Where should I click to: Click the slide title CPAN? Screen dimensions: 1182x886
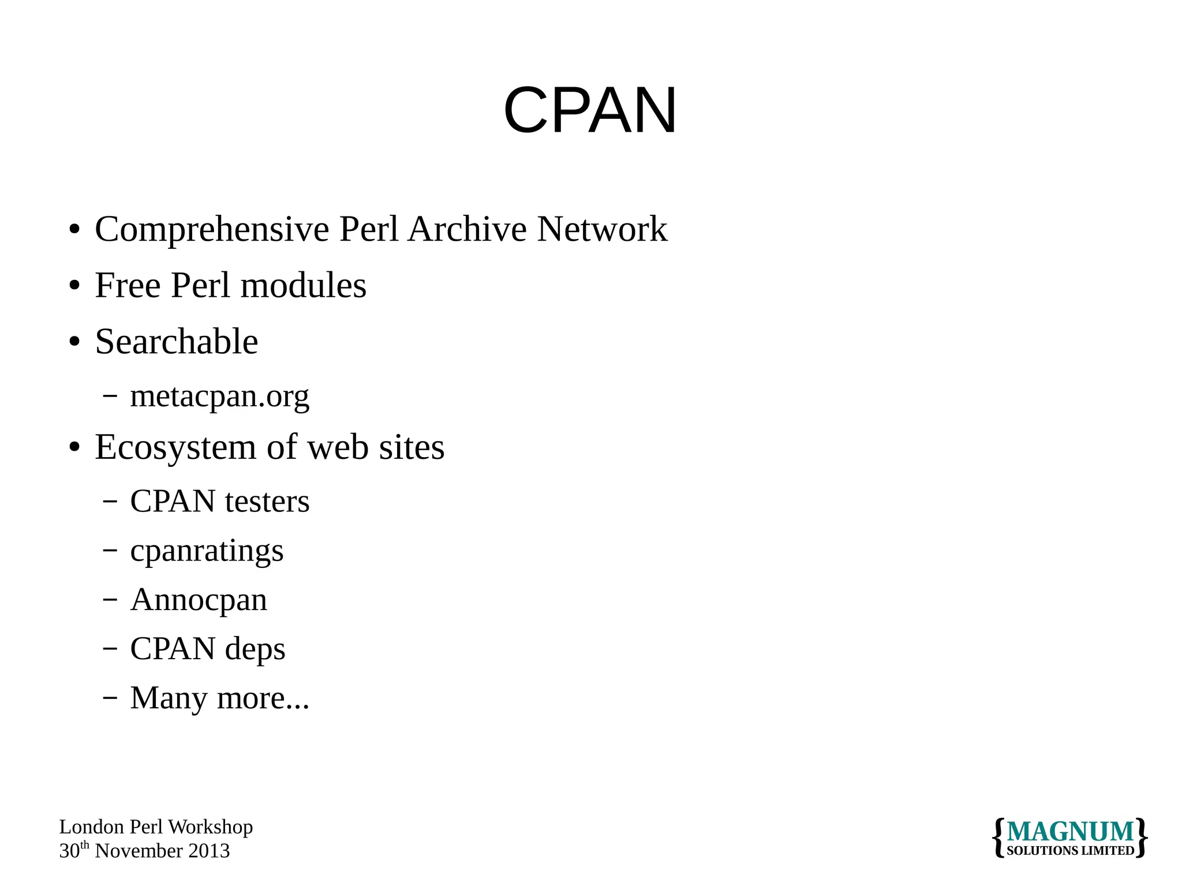[x=590, y=110]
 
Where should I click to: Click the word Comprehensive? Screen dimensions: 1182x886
[x=212, y=230]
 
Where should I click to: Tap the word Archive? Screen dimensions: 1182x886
[x=467, y=229]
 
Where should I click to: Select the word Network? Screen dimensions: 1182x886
[x=602, y=229]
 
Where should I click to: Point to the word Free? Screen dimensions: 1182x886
[x=128, y=285]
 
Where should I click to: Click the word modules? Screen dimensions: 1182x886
[x=303, y=285]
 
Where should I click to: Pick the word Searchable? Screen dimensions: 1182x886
[x=177, y=341]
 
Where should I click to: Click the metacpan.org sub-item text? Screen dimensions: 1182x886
[x=219, y=397]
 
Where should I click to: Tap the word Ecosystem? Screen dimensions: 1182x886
[x=175, y=447]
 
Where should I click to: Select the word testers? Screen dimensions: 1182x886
[x=267, y=501]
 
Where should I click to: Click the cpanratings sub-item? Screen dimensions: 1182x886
[x=207, y=551]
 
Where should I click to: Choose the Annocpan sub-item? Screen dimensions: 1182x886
[x=199, y=600]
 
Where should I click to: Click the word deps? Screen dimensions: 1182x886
[x=255, y=649]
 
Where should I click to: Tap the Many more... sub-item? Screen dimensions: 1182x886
[x=219, y=698]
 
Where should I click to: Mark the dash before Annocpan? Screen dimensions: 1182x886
[x=110, y=600]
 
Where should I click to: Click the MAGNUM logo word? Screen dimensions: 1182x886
[x=1070, y=832]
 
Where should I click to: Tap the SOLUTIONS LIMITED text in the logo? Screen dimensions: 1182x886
[x=1070, y=851]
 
